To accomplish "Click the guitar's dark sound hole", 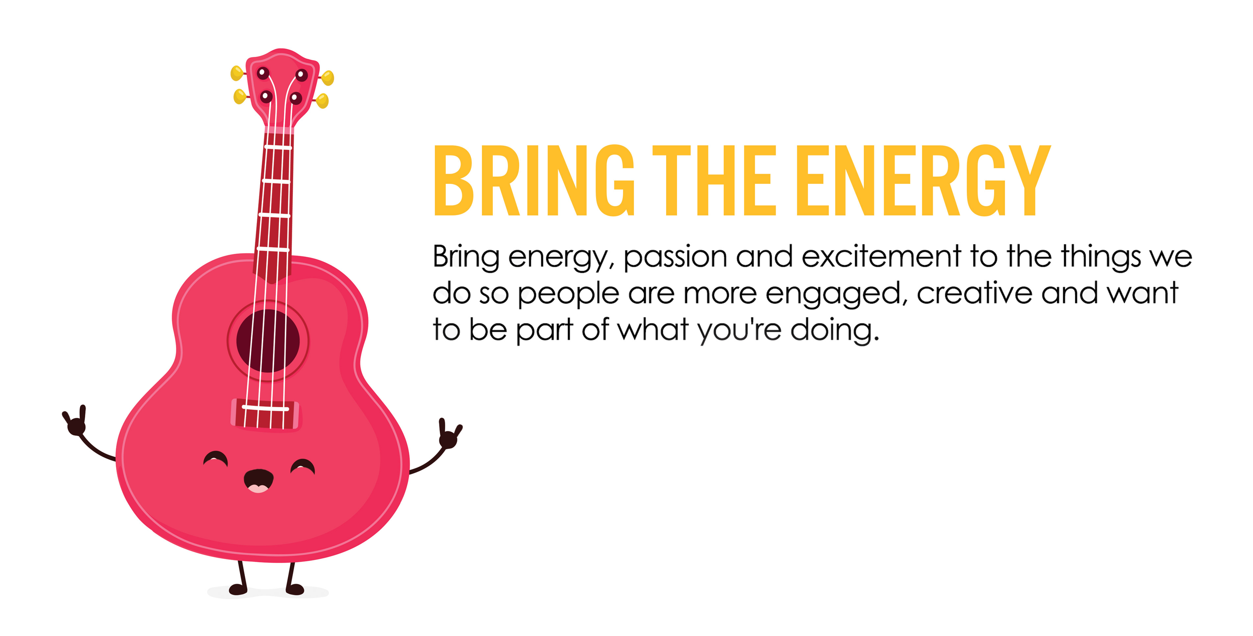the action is (x=268, y=341).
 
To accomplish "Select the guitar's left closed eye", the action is (x=216, y=459).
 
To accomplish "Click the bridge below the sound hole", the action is (x=266, y=414).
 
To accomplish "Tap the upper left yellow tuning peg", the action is (x=237, y=73).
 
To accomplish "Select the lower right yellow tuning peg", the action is (x=322, y=101).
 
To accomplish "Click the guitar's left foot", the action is (x=238, y=589).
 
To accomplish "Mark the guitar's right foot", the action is (x=295, y=590).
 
